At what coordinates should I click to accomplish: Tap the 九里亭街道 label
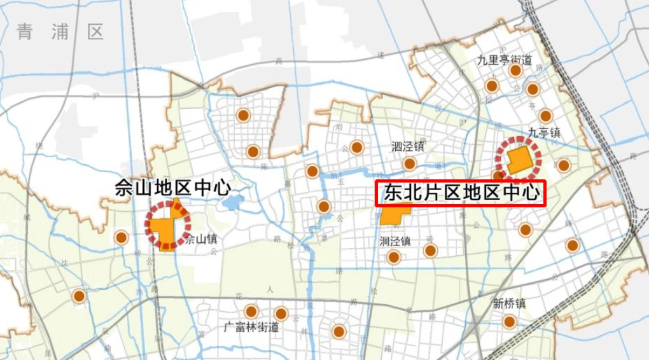[505, 60]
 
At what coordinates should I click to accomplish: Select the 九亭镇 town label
[543, 133]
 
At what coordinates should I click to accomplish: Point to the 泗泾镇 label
[408, 147]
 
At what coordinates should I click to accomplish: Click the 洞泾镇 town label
[394, 242]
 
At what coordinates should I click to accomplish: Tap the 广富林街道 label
[251, 328]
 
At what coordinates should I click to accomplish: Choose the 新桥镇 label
[509, 304]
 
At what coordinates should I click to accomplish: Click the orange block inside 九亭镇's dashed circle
[519, 160]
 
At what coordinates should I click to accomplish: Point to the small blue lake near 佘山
[233, 203]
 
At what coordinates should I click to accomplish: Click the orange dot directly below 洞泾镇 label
[394, 257]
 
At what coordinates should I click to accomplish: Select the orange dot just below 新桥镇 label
[509, 321]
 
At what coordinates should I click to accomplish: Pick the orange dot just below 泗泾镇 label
[410, 163]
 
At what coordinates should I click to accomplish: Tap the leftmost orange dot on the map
[79, 296]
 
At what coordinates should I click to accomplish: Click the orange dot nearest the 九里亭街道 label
[515, 71]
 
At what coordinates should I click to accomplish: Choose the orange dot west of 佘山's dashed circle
[121, 238]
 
